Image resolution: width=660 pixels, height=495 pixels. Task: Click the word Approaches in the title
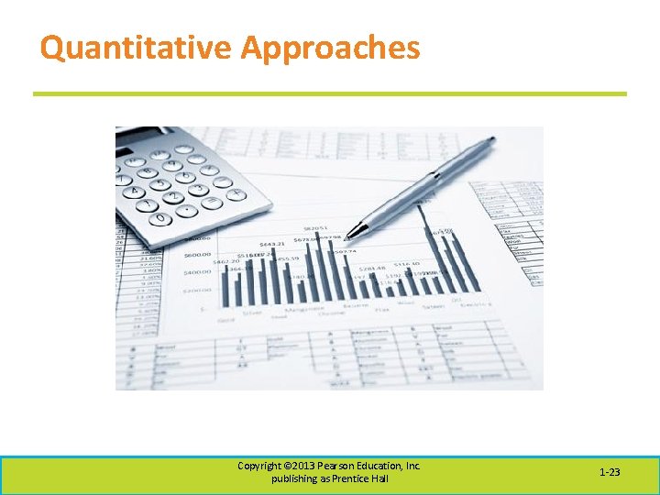tap(330, 48)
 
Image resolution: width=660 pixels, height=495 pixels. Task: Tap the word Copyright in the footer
tap(258, 466)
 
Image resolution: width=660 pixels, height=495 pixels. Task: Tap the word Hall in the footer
tap(378, 479)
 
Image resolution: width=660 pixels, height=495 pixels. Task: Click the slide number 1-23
tap(610, 473)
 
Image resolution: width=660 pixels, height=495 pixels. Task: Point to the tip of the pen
tap(348, 236)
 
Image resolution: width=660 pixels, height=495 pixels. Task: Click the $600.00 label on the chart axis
tap(197, 256)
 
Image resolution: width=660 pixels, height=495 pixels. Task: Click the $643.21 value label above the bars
tap(272, 244)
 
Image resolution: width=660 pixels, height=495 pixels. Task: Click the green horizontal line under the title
tap(330, 93)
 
